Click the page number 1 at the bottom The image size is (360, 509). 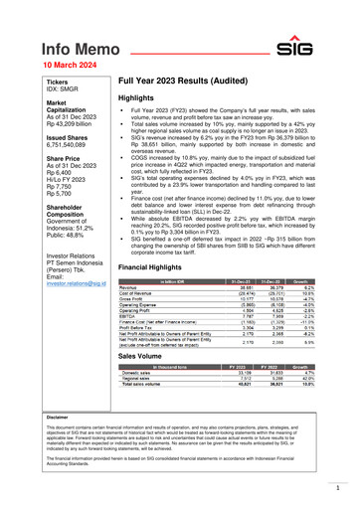point(337,489)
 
